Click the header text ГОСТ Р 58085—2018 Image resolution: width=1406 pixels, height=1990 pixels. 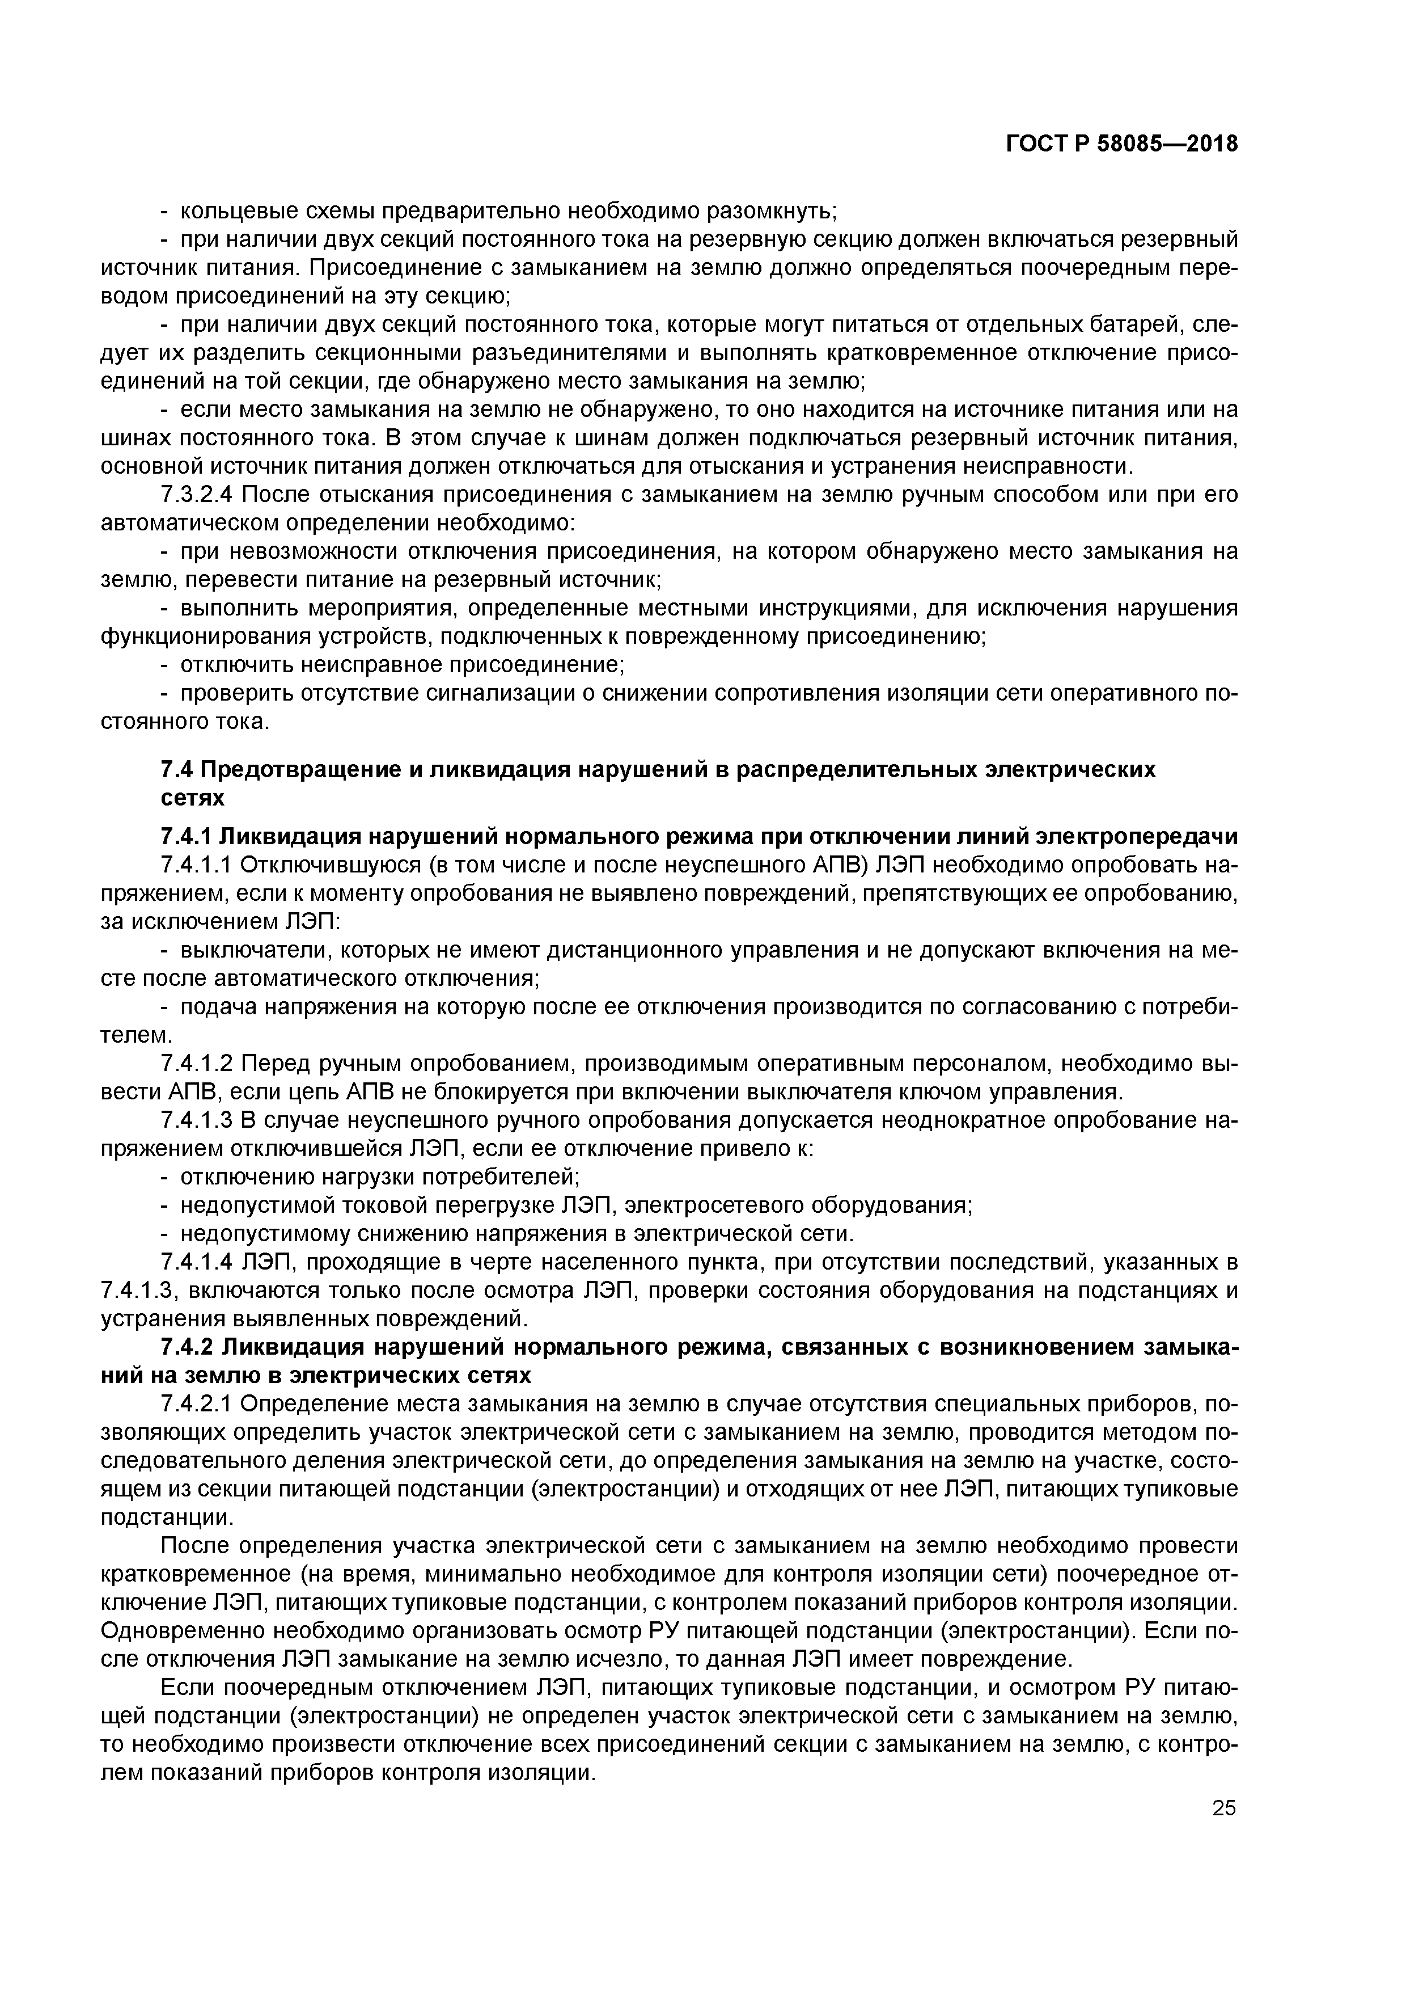pos(1121,144)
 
